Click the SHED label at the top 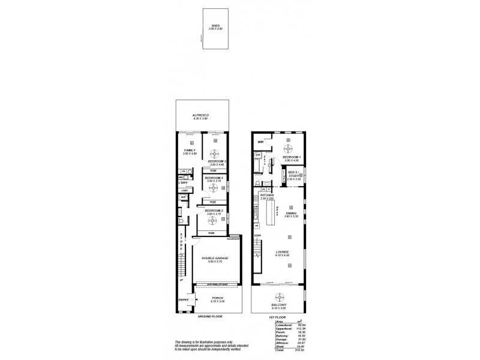click(212, 26)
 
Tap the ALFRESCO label click(200, 115)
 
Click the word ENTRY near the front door click(183, 300)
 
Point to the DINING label click(291, 212)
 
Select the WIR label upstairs click(260, 142)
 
